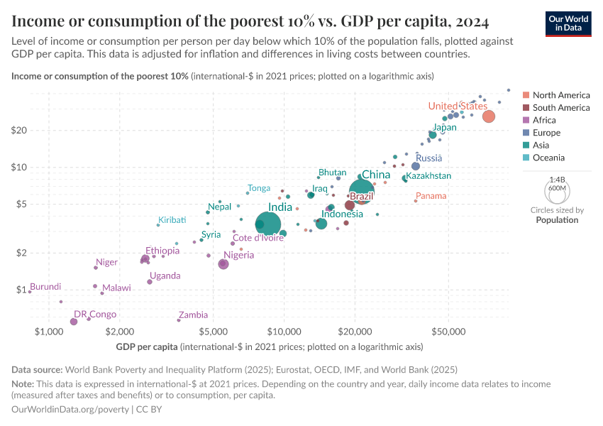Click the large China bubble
tap(362, 192)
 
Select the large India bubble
tap(267, 224)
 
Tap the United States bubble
tap(488, 116)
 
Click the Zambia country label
tap(193, 315)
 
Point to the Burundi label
tap(45, 287)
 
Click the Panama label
tap(431, 196)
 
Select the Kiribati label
tap(172, 220)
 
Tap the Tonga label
tap(259, 188)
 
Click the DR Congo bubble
tap(74, 322)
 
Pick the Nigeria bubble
tap(223, 264)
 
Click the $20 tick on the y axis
tap(18, 130)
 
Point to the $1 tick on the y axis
tap(21, 290)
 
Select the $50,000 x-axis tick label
tap(448, 332)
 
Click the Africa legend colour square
tap(526, 121)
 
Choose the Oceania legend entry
tap(551, 158)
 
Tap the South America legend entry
tap(560, 108)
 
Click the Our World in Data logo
tap(568, 22)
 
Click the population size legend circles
tap(557, 190)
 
